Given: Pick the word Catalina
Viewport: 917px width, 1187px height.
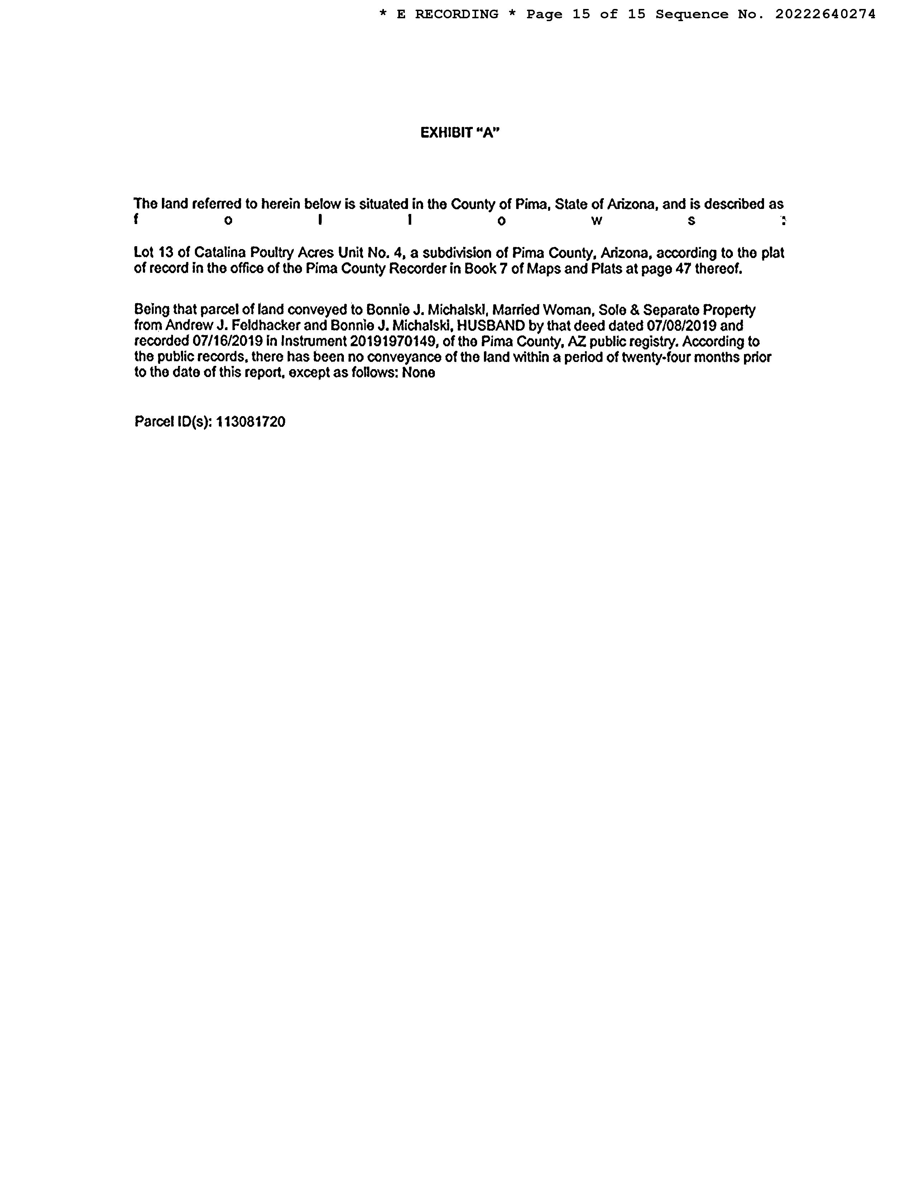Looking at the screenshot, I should tap(220, 253).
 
